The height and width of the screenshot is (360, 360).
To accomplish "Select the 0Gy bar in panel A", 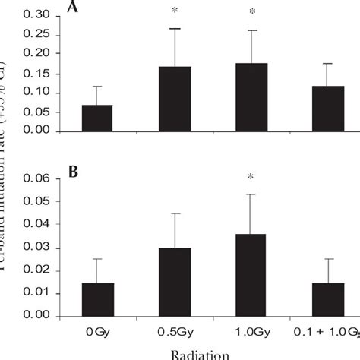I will [x=98, y=118].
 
